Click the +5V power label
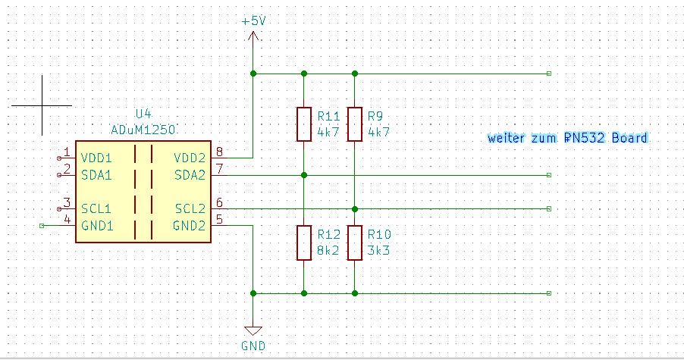point(253,21)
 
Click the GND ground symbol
point(253,331)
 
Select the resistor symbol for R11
point(303,124)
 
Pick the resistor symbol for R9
point(354,124)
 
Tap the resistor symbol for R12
point(303,243)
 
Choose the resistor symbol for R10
point(354,243)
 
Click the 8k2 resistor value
point(328,250)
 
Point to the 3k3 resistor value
point(378,250)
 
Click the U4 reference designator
point(143,114)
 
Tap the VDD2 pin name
point(190,158)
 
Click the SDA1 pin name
point(96,174)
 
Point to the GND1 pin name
point(96,225)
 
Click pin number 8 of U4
point(219,152)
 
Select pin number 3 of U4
point(67,203)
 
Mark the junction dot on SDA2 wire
point(303,175)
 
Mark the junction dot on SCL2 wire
point(354,208)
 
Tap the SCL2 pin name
point(190,208)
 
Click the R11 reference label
point(328,116)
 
